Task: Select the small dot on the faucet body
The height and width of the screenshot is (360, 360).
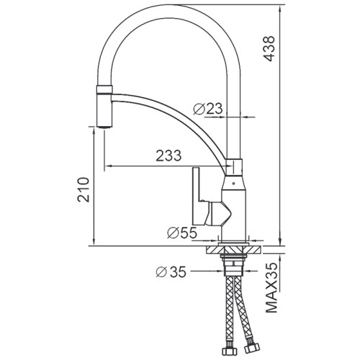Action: [x=233, y=185]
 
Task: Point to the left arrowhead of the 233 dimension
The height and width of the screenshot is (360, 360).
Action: [x=109, y=166]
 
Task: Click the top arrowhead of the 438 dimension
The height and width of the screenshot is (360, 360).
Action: [x=276, y=8]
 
